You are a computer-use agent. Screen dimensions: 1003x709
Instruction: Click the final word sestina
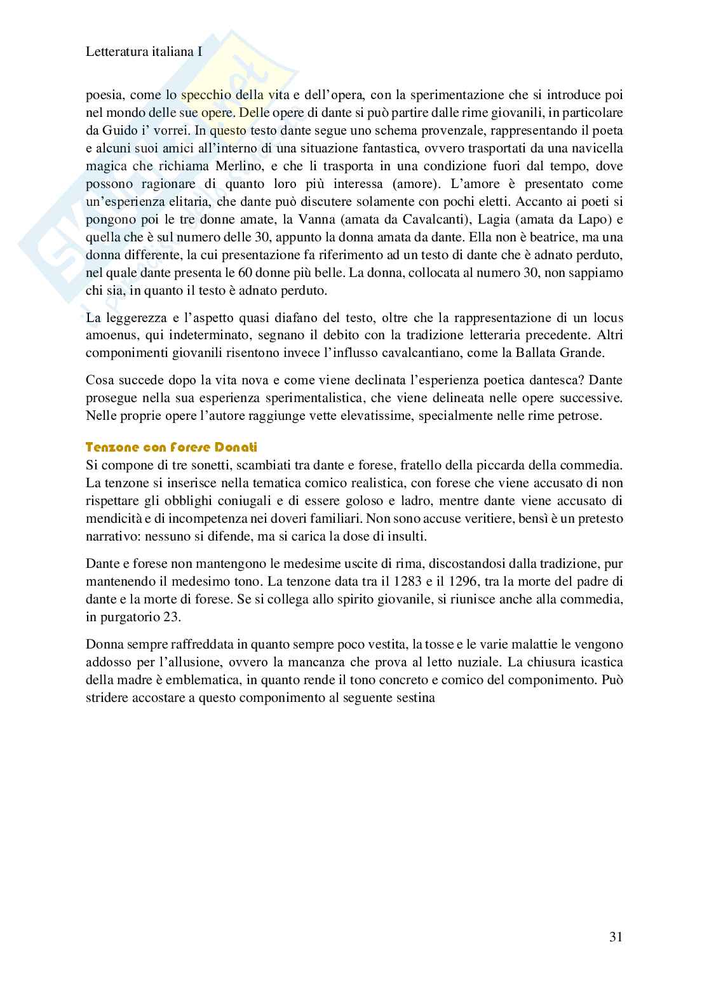pyautogui.click(x=414, y=697)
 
